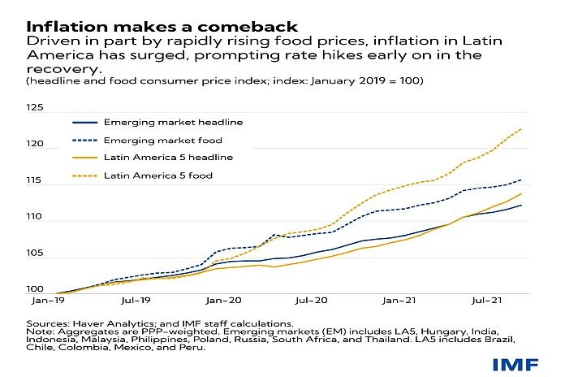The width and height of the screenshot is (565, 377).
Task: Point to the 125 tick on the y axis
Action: [x=34, y=107]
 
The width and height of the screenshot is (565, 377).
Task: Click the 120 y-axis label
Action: [x=34, y=145]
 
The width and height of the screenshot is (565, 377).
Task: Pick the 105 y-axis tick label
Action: [x=34, y=254]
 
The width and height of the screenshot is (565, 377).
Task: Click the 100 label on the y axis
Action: [x=34, y=289]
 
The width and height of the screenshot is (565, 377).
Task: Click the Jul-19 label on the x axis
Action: [x=143, y=301]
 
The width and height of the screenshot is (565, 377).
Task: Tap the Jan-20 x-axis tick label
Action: [x=229, y=301]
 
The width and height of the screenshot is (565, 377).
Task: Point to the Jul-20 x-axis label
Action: [x=316, y=301]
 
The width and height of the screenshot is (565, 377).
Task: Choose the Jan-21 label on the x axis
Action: [x=402, y=301]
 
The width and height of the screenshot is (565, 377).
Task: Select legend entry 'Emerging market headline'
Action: [x=173, y=122]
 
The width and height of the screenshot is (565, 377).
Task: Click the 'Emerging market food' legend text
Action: [x=164, y=140]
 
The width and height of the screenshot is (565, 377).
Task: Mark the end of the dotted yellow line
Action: [x=521, y=128]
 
